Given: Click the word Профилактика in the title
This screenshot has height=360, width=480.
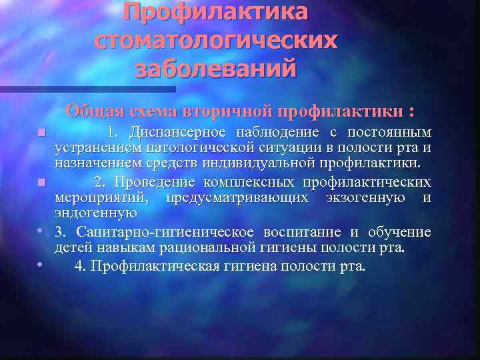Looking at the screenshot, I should [x=216, y=11].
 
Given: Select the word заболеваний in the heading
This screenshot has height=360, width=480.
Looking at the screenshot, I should [x=216, y=69].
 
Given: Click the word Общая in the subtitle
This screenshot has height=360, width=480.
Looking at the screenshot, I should [x=93, y=111].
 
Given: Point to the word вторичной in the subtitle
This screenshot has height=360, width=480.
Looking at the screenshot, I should [x=233, y=111].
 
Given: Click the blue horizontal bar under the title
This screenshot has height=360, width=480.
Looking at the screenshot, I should [x=87, y=89].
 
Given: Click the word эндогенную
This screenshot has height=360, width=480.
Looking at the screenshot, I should [x=95, y=213].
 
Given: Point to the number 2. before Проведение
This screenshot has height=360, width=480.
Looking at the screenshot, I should [x=100, y=182].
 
